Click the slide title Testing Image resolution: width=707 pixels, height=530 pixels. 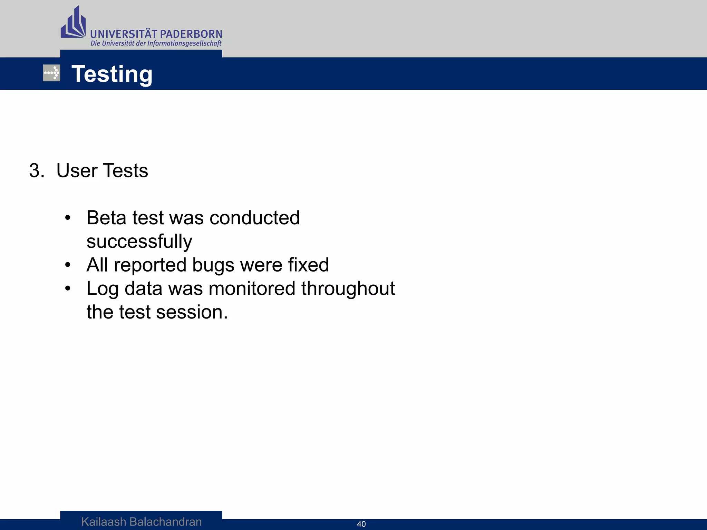112,74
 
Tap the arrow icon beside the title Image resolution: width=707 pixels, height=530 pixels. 52,73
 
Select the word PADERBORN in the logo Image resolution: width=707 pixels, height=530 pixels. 191,34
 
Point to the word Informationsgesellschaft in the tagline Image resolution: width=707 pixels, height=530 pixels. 184,43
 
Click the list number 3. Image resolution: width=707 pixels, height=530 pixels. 36,171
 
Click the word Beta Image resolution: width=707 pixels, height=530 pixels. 106,218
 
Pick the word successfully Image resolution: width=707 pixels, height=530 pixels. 139,242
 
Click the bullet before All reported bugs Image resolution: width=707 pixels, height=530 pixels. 68,265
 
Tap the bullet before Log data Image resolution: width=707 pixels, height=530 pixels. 68,288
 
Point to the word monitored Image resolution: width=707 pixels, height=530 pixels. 252,288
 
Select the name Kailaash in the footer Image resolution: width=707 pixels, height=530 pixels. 104,522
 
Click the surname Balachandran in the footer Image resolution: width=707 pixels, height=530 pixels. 165,522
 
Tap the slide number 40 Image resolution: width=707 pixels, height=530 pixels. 361,524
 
